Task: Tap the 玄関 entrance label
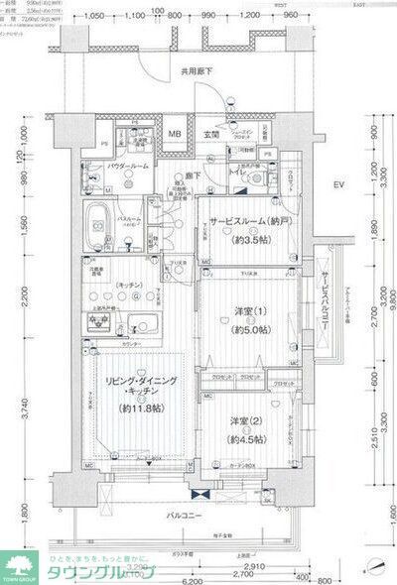[211, 135]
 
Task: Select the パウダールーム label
[127, 168]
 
